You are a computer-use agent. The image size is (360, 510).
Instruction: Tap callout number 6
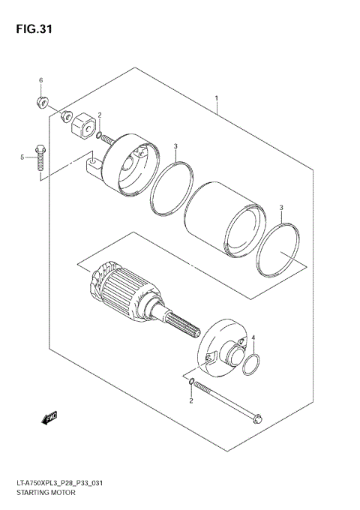click(x=41, y=80)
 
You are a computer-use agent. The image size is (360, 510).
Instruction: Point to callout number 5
click(x=23, y=157)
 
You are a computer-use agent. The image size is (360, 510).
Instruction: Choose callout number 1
click(x=217, y=98)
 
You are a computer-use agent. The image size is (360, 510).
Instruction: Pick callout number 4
click(x=253, y=338)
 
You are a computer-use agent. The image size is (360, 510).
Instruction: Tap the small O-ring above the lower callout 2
click(x=191, y=385)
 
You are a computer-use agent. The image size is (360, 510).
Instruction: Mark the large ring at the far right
click(x=279, y=249)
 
